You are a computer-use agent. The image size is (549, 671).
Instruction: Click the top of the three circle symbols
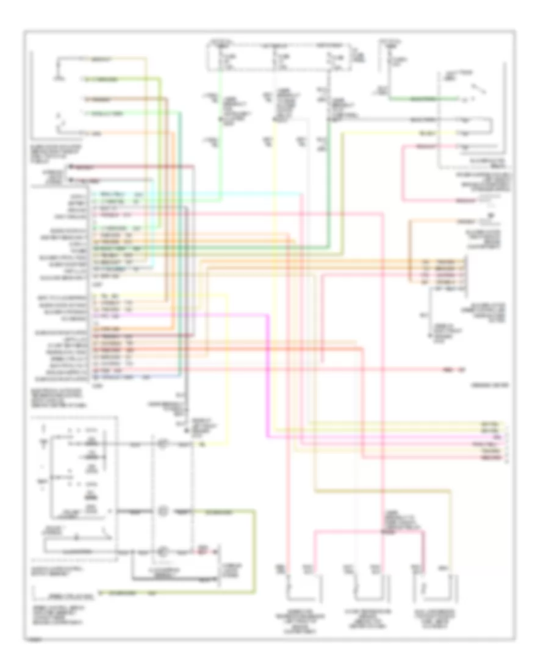click(x=162, y=444)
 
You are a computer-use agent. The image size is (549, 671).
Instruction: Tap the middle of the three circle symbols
click(x=162, y=509)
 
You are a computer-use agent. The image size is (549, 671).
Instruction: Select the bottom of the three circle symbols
click(x=162, y=552)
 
